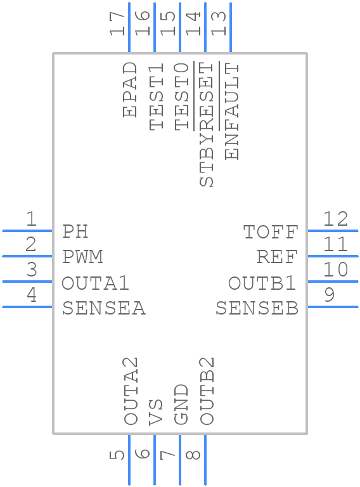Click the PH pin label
tap(75, 231)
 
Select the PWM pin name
tap(82, 257)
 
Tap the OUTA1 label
tap(95, 283)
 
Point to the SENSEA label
tap(104, 308)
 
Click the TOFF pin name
tap(271, 231)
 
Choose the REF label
tap(277, 257)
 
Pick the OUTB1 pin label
tap(262, 283)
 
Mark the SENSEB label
tap(257, 308)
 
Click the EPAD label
tap(130, 89)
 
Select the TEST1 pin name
tap(156, 96)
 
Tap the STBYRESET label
tap(206, 124)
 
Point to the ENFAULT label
tap(232, 111)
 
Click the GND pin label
tap(181, 405)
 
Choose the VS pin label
tap(155, 412)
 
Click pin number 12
tap(336, 219)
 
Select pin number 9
tap(330, 294)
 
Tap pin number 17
tap(117, 23)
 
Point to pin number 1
tap(31, 219)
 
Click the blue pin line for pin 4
tap(27, 307)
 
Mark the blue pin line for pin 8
tap(205, 460)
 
